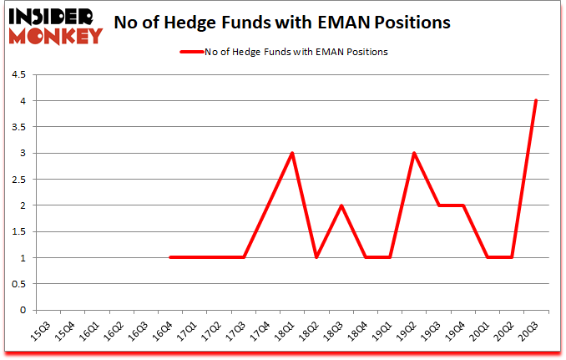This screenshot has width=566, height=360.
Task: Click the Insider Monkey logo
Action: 54,26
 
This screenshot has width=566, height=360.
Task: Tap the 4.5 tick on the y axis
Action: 18,75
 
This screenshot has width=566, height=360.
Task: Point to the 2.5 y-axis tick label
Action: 18,180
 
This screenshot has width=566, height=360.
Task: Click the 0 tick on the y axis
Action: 23,310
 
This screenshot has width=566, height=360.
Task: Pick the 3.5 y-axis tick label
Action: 18,127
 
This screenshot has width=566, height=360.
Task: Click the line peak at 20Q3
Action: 536,101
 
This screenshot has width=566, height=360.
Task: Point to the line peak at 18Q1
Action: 292,154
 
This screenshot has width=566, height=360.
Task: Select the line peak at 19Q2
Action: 414,154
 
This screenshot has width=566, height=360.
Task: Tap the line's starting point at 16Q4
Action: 171,257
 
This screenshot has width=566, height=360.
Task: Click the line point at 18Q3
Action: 341,205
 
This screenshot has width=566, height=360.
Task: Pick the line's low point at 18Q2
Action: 316,257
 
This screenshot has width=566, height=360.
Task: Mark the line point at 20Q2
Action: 511,257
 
